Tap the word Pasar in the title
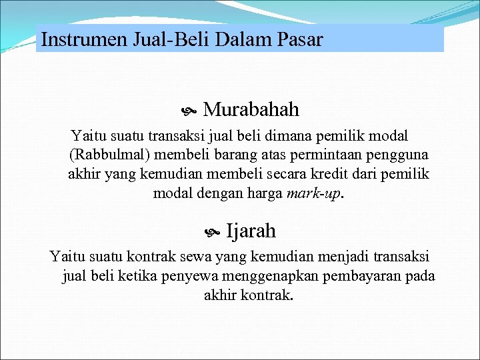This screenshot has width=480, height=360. tap(298, 39)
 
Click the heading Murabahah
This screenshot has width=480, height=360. tap(251, 109)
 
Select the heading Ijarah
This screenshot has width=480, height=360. tap(251, 231)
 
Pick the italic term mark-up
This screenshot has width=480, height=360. tap(313, 193)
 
